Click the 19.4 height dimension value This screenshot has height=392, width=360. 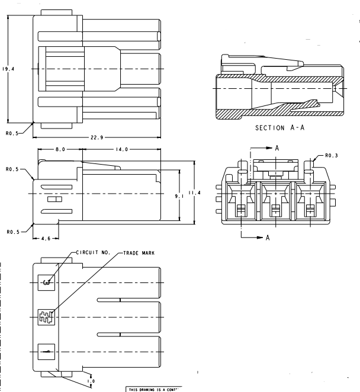coord(8,69)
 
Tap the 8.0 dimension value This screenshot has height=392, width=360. coord(60,149)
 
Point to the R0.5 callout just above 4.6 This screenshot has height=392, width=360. coord(13,232)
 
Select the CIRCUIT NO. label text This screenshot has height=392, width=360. coord(94,252)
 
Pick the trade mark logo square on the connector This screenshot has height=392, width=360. coord(46,316)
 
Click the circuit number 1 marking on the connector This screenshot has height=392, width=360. coord(46,351)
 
